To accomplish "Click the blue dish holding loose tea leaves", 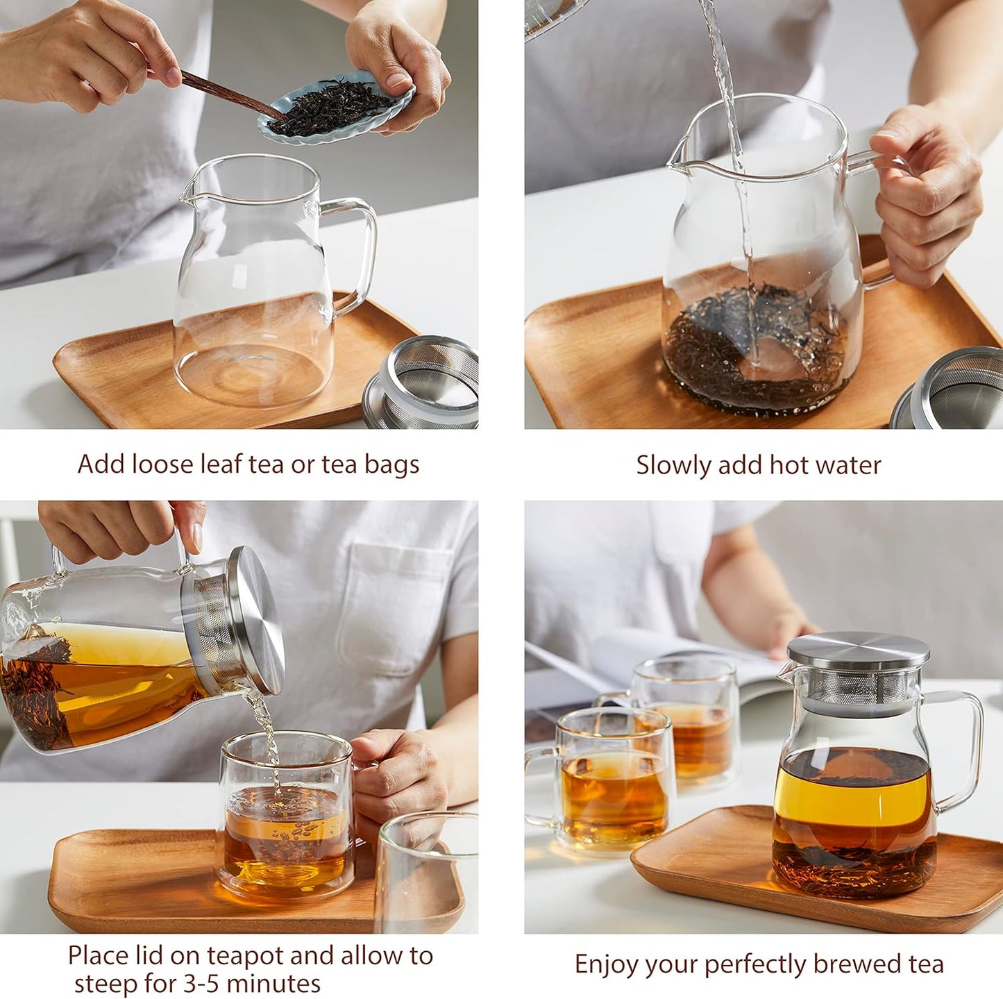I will [x=337, y=110].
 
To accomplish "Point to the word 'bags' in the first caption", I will [x=391, y=465].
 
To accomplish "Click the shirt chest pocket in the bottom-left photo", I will [x=392, y=604].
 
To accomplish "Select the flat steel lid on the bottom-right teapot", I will [x=858, y=650].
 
